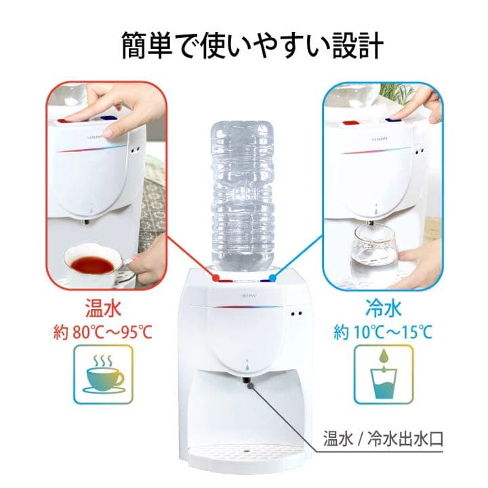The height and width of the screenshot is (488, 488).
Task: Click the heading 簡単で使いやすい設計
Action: (243, 45)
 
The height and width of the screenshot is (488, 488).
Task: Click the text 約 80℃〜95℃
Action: (102, 333)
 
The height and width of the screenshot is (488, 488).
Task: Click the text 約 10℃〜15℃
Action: (383, 333)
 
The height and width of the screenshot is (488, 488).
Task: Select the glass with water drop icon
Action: (384, 372)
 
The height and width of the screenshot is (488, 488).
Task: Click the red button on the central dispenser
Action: (215, 277)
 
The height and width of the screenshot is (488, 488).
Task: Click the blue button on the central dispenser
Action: (273, 277)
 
